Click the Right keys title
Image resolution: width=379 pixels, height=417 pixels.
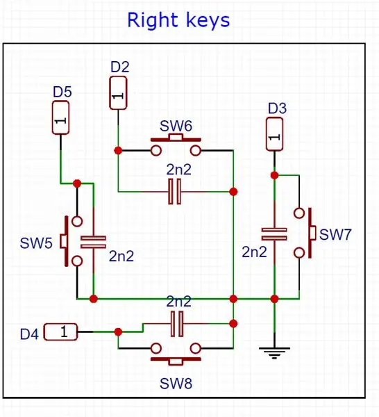coord(178,20)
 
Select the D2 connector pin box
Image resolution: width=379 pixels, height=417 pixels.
coord(118,93)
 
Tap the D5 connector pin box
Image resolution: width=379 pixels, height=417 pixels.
coord(61,118)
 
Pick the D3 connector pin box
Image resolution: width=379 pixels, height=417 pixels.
coord(274,134)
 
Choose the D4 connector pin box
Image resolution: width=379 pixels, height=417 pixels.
coord(60,332)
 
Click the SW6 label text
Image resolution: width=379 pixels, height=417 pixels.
coord(176,126)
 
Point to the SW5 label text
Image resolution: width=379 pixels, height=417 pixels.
coord(36,243)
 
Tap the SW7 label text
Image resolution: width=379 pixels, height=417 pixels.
coord(335,235)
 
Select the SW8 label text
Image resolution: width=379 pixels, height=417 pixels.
coord(176,384)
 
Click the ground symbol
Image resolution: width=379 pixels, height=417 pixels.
coord(274,352)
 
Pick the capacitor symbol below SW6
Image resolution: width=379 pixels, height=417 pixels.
coord(175,192)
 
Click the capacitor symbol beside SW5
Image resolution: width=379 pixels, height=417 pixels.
coord(93,242)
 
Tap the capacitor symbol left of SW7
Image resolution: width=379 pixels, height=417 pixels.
coord(274,234)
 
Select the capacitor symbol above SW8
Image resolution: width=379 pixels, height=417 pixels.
coord(177,324)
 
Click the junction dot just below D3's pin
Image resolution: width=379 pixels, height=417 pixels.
coord(274,176)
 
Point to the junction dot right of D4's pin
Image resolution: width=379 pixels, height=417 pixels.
coord(118,332)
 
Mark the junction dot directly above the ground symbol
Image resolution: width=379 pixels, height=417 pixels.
coord(274,299)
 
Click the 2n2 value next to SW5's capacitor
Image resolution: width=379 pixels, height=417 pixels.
coord(121,256)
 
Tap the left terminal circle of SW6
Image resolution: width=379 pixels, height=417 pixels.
coord(156,151)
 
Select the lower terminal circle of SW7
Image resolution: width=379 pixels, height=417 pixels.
coord(299,253)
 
